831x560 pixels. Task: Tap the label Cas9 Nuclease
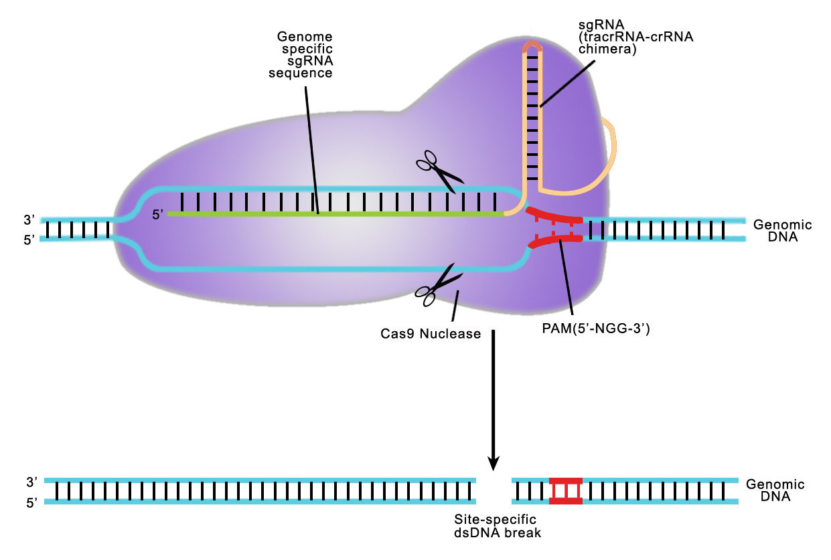coord(431,334)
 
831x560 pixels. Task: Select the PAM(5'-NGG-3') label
coord(596,329)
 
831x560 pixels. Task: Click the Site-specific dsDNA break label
coord(498,526)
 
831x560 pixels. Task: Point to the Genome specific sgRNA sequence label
coord(301,54)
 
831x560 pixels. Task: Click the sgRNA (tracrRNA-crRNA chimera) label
coord(636,37)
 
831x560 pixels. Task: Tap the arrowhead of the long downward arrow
coord(494,463)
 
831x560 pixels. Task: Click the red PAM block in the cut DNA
coord(566,491)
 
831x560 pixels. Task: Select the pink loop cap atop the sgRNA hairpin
coord(532,46)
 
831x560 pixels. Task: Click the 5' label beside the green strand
coord(157,215)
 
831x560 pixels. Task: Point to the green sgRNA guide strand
coord(335,214)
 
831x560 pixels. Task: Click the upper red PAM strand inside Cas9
coord(554,215)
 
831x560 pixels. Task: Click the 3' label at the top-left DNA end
coord(29,220)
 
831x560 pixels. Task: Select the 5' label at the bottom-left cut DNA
coord(32,503)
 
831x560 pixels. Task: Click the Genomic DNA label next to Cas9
coord(782,231)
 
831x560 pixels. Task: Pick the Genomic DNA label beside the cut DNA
coord(775,490)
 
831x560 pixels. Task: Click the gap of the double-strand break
coord(494,491)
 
